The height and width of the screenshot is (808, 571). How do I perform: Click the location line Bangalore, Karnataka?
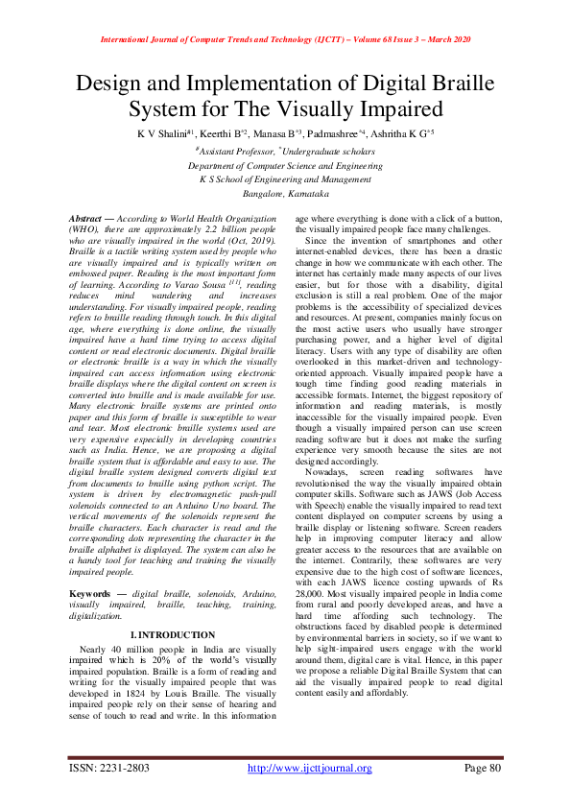(285, 193)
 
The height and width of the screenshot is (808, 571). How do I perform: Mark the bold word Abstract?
(92, 220)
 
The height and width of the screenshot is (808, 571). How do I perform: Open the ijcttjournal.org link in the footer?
(309, 768)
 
